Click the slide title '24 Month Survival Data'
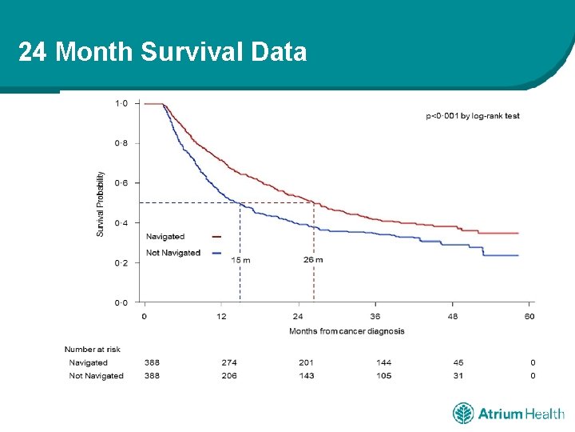tap(162, 53)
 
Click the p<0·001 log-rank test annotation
tap(472, 116)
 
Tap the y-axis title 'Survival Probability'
tap(101, 203)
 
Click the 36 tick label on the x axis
tap(375, 316)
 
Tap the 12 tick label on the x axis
tap(221, 316)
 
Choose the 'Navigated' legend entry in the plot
tap(165, 237)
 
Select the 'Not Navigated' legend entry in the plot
tap(173, 253)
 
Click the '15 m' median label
tap(240, 260)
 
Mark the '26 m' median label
tap(313, 260)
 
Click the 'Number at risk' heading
tap(93, 349)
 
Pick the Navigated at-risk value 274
tap(229, 362)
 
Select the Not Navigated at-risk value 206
tap(229, 376)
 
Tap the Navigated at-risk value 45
tap(458, 362)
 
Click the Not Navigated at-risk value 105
tap(384, 376)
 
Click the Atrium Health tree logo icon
tap(463, 414)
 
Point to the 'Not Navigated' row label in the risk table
tap(96, 376)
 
